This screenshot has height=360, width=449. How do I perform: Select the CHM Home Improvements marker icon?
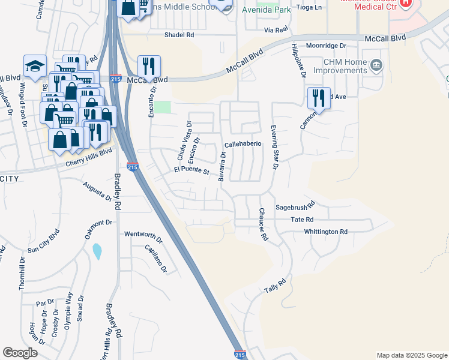click(x=376, y=65)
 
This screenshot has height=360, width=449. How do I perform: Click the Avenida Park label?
click(x=265, y=10)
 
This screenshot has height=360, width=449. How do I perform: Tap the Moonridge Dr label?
click(x=327, y=46)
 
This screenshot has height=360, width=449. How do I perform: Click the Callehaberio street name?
click(x=243, y=145)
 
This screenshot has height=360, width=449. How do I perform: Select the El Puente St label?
click(x=191, y=171)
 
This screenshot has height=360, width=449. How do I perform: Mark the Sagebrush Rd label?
click(x=295, y=208)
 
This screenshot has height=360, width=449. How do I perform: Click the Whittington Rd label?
click(x=325, y=232)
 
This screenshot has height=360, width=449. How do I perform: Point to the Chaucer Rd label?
click(x=262, y=224)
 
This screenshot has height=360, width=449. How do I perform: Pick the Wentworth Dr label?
click(x=143, y=234)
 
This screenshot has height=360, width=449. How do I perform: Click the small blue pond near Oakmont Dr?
click(x=97, y=251)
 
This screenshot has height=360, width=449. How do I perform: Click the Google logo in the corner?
click(x=20, y=352)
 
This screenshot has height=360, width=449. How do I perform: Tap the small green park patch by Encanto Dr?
click(x=163, y=107)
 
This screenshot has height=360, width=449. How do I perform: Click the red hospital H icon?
click(x=406, y=2)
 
